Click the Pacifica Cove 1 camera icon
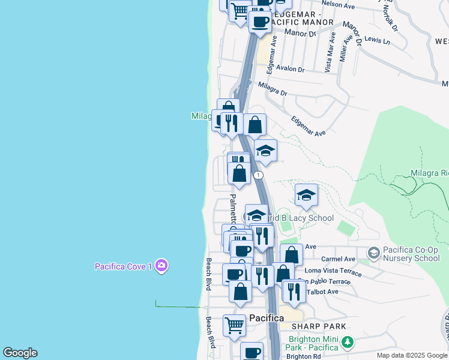161,265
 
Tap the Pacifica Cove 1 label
124,266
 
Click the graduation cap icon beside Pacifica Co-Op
373,253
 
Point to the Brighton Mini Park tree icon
347,342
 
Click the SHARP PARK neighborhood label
319,326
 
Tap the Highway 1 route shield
258,175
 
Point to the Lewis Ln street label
377,40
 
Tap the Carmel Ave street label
338,259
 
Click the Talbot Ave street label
322,292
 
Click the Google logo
20,353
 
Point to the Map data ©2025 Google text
411,355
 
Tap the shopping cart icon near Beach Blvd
234,326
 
